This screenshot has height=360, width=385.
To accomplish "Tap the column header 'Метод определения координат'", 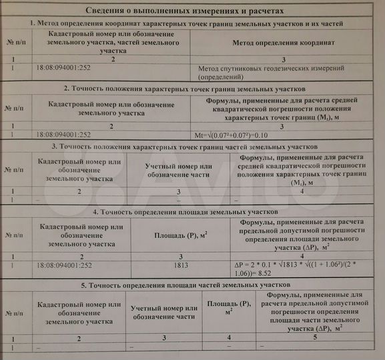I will (283, 42).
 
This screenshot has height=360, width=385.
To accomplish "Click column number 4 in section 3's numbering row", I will (302, 191).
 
